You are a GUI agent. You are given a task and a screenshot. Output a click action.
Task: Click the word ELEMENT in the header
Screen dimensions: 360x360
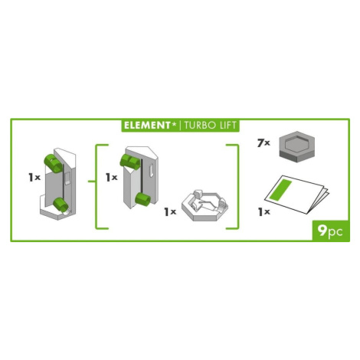(147, 126)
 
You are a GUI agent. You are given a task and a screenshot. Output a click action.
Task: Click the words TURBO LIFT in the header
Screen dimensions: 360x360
(211, 126)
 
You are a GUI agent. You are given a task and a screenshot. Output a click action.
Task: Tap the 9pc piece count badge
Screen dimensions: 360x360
(330, 231)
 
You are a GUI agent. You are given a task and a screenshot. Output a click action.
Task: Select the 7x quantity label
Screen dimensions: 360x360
(263, 143)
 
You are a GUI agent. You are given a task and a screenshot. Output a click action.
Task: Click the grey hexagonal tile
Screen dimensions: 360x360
(298, 146)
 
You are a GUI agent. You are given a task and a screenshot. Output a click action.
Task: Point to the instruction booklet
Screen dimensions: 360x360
(296, 195)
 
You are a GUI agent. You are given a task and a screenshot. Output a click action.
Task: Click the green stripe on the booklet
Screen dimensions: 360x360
(282, 190)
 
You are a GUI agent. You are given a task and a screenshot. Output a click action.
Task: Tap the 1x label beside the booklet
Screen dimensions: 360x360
(263, 211)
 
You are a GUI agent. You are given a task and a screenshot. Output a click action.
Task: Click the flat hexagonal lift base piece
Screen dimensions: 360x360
(205, 206)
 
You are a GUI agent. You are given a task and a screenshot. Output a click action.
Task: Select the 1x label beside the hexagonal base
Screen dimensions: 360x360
(170, 211)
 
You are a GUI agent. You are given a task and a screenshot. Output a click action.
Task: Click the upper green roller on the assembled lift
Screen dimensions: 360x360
(54, 163)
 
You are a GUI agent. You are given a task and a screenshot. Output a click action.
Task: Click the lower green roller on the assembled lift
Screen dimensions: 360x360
(61, 205)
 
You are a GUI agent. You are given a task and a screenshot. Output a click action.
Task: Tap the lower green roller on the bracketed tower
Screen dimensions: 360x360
(143, 199)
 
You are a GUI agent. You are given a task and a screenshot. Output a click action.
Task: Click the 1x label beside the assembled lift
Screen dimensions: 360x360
(34, 177)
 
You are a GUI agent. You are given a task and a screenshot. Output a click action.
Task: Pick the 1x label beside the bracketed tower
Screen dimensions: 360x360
(112, 177)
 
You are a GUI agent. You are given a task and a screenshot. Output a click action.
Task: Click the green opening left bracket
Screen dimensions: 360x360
(97, 187)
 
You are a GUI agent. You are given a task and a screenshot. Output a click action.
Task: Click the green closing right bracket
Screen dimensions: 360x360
(238, 187)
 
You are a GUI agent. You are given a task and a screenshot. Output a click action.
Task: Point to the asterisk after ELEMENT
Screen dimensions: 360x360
(174, 124)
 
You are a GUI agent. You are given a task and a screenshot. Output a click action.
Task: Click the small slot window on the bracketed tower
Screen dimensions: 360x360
(152, 170)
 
